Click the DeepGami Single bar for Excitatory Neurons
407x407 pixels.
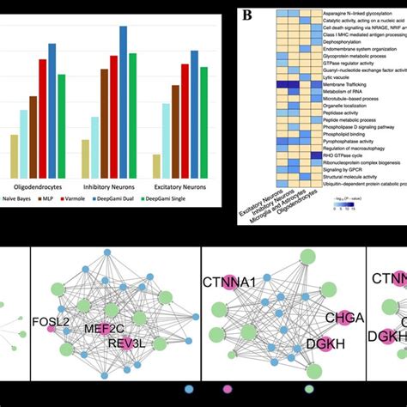pos(204,120)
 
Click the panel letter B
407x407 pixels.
pos(246,14)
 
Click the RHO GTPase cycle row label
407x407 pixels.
pos(341,155)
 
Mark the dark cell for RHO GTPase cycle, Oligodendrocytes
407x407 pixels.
pos(305,155)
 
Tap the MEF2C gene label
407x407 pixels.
pos(106,327)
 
